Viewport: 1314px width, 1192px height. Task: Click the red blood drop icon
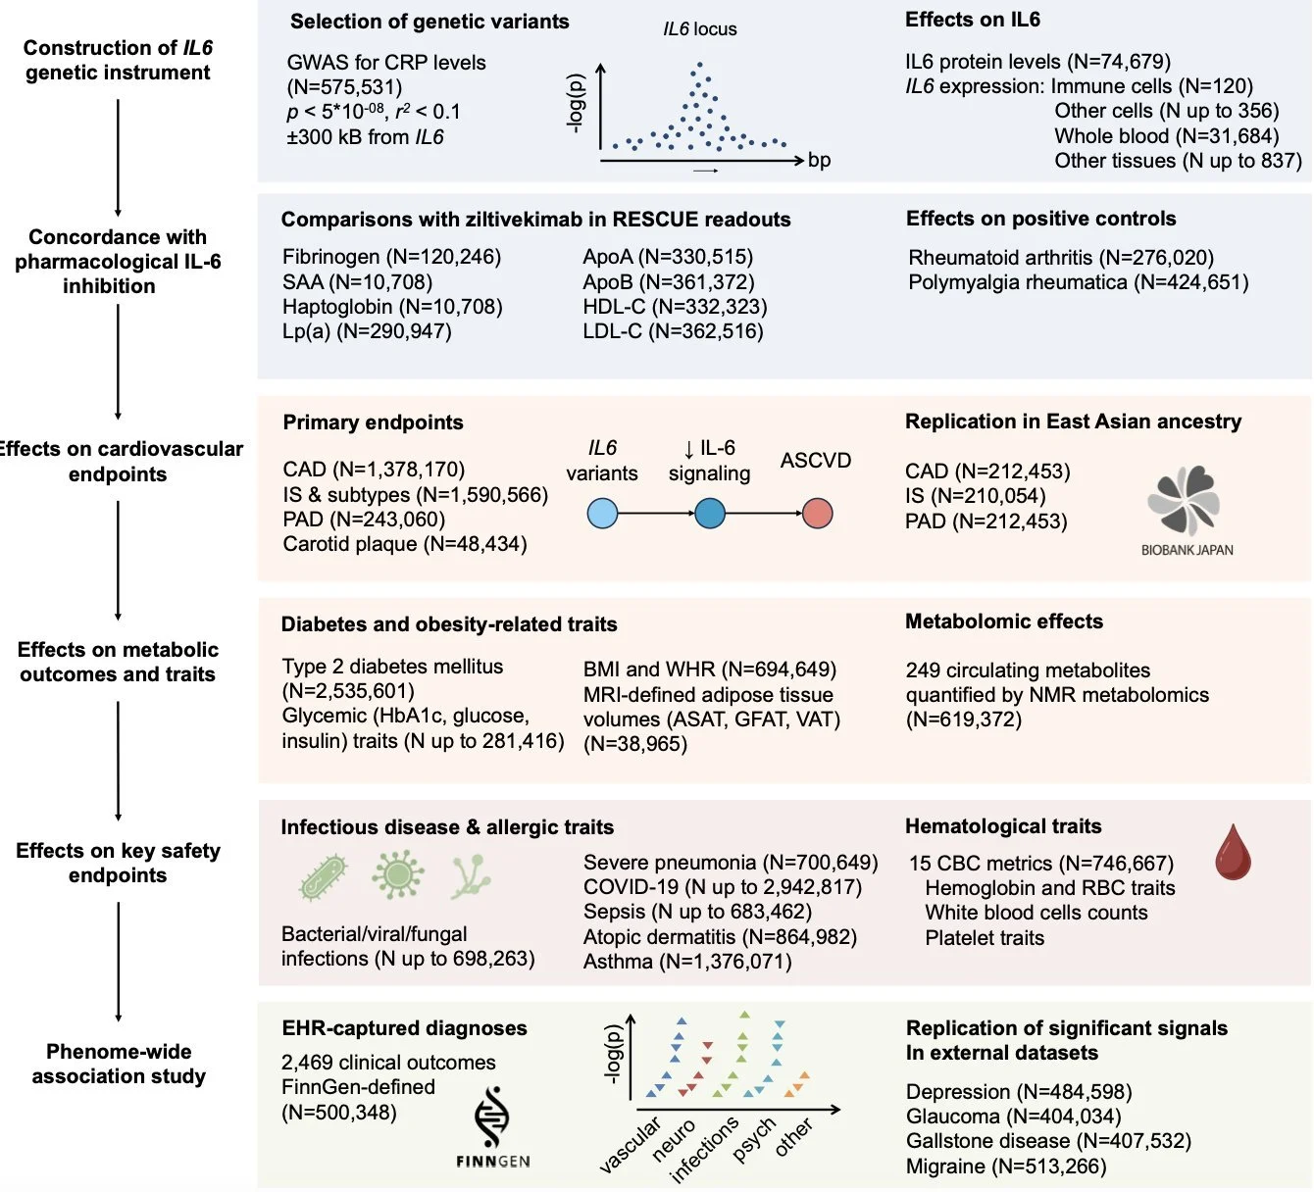pos(1232,851)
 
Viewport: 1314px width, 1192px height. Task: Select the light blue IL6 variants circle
pos(602,513)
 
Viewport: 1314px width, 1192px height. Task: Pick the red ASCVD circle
pos(817,513)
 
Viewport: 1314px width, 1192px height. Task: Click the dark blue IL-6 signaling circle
pos(709,513)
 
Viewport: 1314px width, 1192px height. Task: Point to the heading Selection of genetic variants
pos(430,22)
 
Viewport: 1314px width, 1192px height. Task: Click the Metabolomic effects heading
pos(1003,621)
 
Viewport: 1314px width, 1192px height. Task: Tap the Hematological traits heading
pos(1003,826)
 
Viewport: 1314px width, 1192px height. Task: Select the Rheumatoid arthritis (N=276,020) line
pos(1061,258)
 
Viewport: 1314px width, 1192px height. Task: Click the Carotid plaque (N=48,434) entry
pos(405,544)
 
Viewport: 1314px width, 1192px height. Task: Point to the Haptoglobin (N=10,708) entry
pos(392,307)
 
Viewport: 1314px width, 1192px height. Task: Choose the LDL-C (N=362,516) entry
pos(673,331)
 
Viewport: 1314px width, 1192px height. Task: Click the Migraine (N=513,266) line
pos(1006,1167)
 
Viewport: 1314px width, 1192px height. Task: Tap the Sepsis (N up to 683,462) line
pos(697,912)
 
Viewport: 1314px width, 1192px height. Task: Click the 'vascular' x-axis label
pos(630,1144)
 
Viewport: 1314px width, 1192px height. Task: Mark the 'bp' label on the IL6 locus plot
pos(819,161)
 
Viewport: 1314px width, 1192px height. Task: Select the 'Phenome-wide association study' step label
pos(119,1064)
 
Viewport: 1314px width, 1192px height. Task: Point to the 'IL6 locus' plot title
pos(699,29)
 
